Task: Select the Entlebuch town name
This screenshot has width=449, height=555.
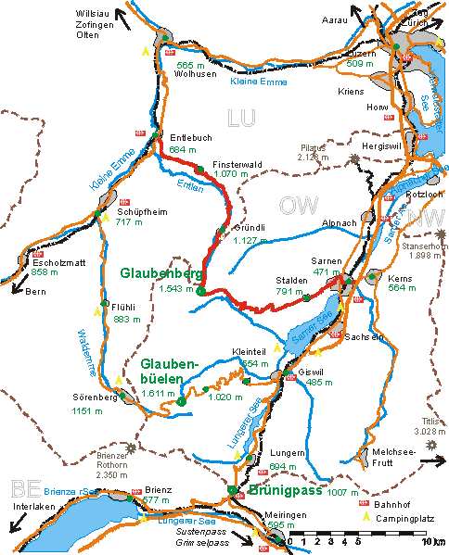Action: point(191,136)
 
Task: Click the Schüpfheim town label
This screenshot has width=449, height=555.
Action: point(135,209)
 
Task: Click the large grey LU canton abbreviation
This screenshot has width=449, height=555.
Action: point(239,118)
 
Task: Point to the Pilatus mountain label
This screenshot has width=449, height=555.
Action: point(316,148)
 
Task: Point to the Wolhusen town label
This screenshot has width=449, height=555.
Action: point(194,74)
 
